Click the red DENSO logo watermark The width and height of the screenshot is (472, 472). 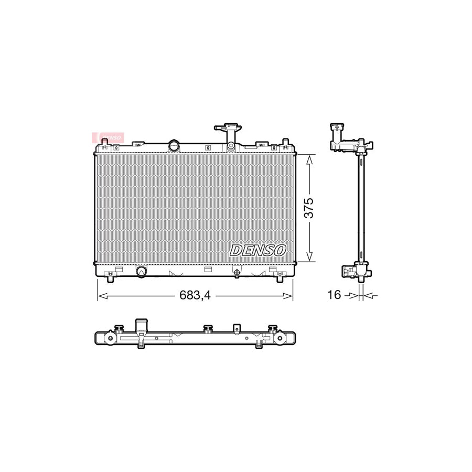click(x=108, y=137)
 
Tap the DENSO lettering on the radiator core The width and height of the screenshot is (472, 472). click(x=258, y=250)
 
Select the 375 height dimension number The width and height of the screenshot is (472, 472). click(x=309, y=208)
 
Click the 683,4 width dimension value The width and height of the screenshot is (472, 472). click(x=195, y=296)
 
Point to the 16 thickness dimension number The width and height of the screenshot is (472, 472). click(x=334, y=295)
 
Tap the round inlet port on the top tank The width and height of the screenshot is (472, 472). click(x=174, y=145)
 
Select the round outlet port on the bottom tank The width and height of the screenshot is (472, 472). click(x=142, y=271)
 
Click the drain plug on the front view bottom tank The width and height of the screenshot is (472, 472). click(x=237, y=272)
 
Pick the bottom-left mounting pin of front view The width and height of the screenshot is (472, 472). click(x=109, y=279)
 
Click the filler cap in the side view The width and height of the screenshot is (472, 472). click(x=335, y=127)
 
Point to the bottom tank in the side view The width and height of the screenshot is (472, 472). click(x=357, y=271)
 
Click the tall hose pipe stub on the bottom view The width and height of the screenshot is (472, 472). click(x=141, y=326)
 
